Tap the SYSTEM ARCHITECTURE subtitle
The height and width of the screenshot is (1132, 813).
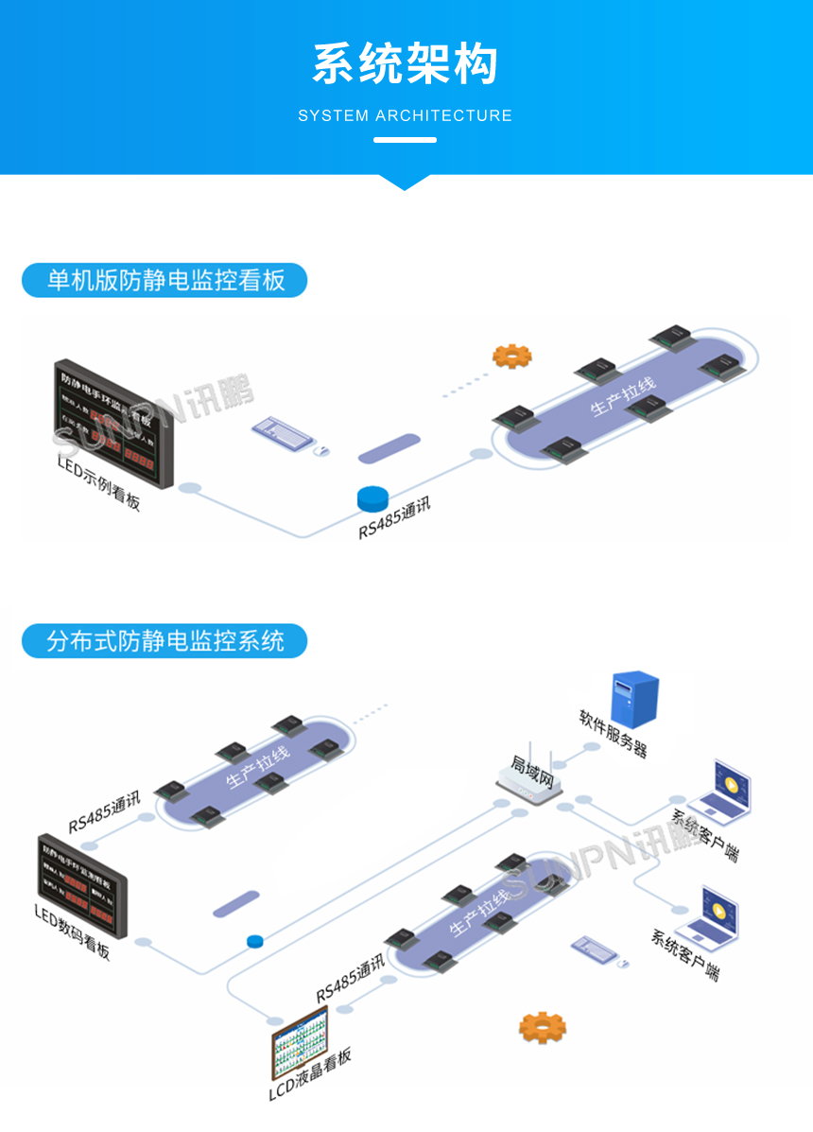(x=405, y=116)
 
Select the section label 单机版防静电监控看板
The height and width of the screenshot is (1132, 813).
(x=165, y=280)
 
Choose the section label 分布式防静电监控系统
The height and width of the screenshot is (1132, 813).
(x=165, y=640)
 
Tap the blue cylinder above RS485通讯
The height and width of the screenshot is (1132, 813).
(x=373, y=496)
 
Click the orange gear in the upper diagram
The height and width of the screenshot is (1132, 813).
(x=511, y=356)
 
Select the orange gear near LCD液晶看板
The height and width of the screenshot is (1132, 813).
(x=542, y=1026)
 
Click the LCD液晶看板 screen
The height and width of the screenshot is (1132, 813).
(x=299, y=1039)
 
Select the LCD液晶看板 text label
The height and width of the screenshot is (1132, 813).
(x=310, y=1074)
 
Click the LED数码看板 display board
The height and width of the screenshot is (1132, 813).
(x=80, y=881)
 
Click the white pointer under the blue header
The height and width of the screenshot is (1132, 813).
(x=405, y=182)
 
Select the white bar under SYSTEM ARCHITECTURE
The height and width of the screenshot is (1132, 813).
(x=405, y=140)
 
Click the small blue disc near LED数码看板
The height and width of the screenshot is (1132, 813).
(x=253, y=941)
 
